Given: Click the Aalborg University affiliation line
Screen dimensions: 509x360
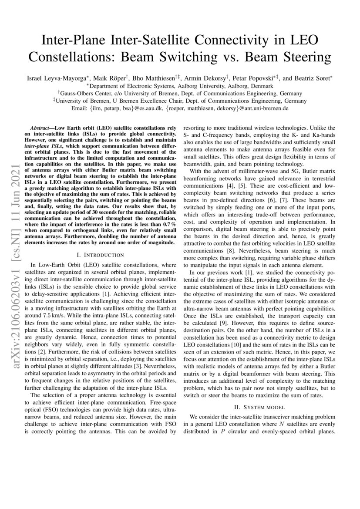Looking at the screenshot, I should [x=180, y=86].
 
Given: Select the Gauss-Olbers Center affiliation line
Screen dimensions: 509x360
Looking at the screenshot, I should [x=180, y=93].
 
